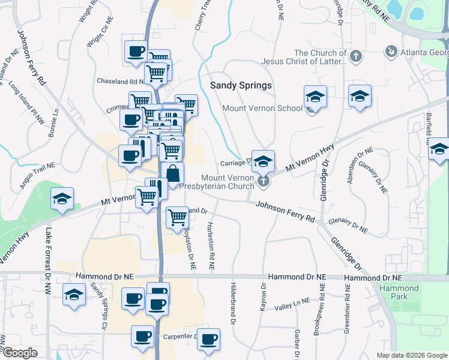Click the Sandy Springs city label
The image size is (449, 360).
241,85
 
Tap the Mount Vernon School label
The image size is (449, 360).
262,109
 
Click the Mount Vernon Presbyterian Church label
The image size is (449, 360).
228,182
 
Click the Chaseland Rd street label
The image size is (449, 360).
120,81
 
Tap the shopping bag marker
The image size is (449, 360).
172,174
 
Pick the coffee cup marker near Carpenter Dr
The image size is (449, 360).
209,340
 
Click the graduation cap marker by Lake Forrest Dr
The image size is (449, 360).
61,200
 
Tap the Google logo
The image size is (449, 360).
20,352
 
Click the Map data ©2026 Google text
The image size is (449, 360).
411,355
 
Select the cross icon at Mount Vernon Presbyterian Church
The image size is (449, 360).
262,181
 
